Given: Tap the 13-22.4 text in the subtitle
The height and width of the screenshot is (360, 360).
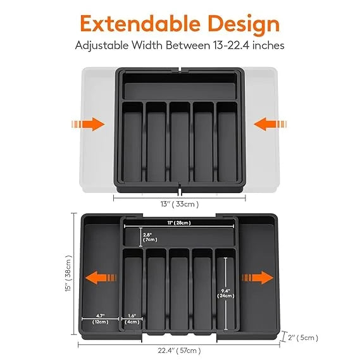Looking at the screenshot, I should coord(231,46).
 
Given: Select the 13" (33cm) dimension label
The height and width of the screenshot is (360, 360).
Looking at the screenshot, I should coord(179,204).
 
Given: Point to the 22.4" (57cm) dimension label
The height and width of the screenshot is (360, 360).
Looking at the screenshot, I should coord(180,350).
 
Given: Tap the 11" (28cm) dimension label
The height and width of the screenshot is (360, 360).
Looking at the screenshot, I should coord(179,223).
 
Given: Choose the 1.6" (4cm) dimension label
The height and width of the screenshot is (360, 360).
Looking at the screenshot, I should coord(132,318).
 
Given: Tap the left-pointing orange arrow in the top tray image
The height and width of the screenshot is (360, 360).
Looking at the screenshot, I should coord(266,124).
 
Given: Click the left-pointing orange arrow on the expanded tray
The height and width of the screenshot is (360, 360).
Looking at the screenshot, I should coord(99,278).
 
